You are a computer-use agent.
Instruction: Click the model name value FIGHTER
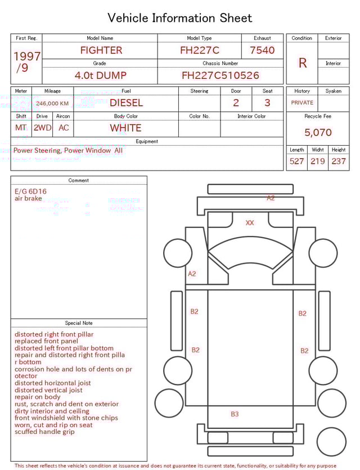(101, 50)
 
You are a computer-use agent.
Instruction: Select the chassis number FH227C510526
(220, 75)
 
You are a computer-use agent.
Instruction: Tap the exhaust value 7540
(262, 50)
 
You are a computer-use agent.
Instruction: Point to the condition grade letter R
(303, 63)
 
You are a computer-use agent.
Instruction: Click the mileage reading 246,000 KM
(52, 104)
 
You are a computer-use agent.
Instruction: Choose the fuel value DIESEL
(127, 103)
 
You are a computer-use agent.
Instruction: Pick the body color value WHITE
(125, 128)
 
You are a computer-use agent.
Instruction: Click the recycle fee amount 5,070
(318, 132)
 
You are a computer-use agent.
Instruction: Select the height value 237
(339, 161)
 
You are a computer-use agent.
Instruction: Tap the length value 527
(297, 161)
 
